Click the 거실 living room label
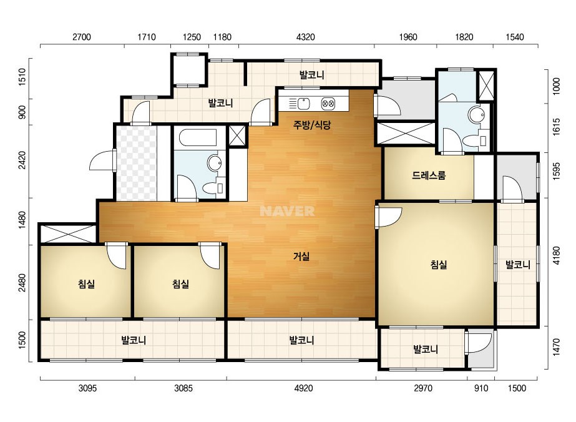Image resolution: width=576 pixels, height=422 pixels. (301, 256)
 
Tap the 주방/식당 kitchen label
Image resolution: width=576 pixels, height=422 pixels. (312, 125)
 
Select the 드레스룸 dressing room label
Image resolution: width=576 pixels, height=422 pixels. (429, 175)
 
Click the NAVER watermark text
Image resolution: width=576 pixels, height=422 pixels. (287, 211)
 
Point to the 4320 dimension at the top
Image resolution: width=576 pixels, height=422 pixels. (306, 37)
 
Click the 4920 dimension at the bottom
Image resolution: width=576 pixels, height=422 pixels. (304, 388)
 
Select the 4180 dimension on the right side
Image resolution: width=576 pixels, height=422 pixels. (557, 255)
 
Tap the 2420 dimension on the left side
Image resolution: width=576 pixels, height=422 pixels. (22, 160)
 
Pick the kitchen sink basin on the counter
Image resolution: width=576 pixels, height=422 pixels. (303, 104)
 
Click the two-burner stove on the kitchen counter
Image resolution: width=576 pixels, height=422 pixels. (328, 104)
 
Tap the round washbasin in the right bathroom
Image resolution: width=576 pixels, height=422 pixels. (476, 115)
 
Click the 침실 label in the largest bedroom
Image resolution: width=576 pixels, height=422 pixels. (439, 264)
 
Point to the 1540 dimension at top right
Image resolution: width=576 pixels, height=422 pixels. (515, 37)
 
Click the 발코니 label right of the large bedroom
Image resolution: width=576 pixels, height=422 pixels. (517, 264)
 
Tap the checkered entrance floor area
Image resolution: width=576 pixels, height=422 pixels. (137, 163)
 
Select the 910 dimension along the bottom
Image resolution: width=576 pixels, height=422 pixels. (481, 388)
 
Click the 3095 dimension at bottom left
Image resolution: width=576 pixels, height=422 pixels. (88, 388)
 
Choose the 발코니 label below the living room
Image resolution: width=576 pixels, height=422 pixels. (301, 340)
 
